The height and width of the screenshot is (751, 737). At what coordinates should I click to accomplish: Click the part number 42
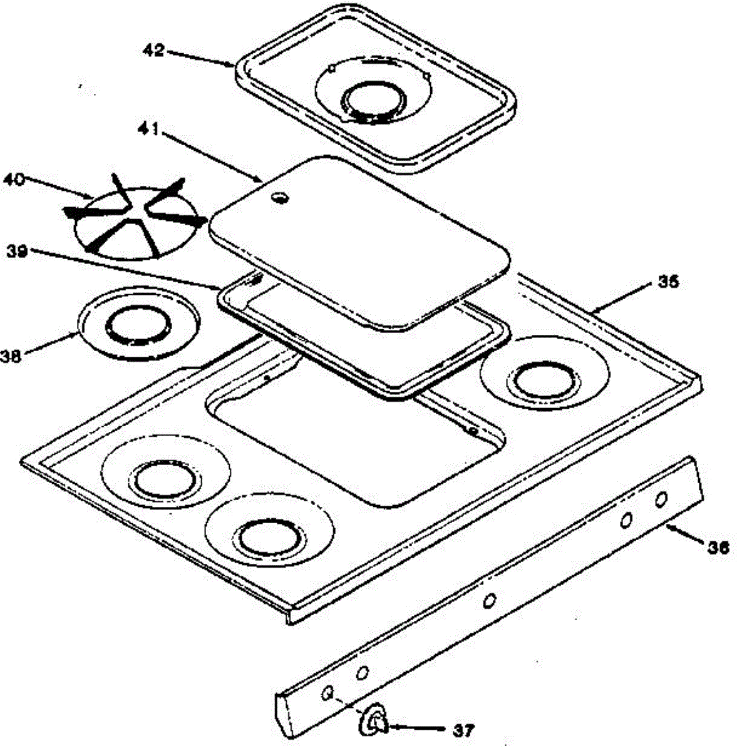[x=153, y=50]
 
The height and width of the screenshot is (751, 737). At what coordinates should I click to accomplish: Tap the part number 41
[x=148, y=129]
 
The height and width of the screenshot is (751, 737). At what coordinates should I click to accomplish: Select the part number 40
[x=14, y=180]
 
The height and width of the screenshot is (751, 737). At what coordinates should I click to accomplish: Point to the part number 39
[x=16, y=252]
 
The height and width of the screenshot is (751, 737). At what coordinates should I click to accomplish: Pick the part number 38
[x=11, y=356]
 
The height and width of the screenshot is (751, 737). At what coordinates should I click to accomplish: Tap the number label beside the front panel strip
[x=718, y=548]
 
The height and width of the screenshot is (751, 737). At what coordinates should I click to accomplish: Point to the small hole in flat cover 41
[x=280, y=198]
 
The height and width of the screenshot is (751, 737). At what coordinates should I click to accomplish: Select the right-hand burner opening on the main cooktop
[x=544, y=379]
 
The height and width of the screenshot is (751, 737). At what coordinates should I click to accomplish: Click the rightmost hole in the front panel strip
[x=661, y=499]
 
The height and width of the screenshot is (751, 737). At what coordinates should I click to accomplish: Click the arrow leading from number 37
[x=417, y=727]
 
